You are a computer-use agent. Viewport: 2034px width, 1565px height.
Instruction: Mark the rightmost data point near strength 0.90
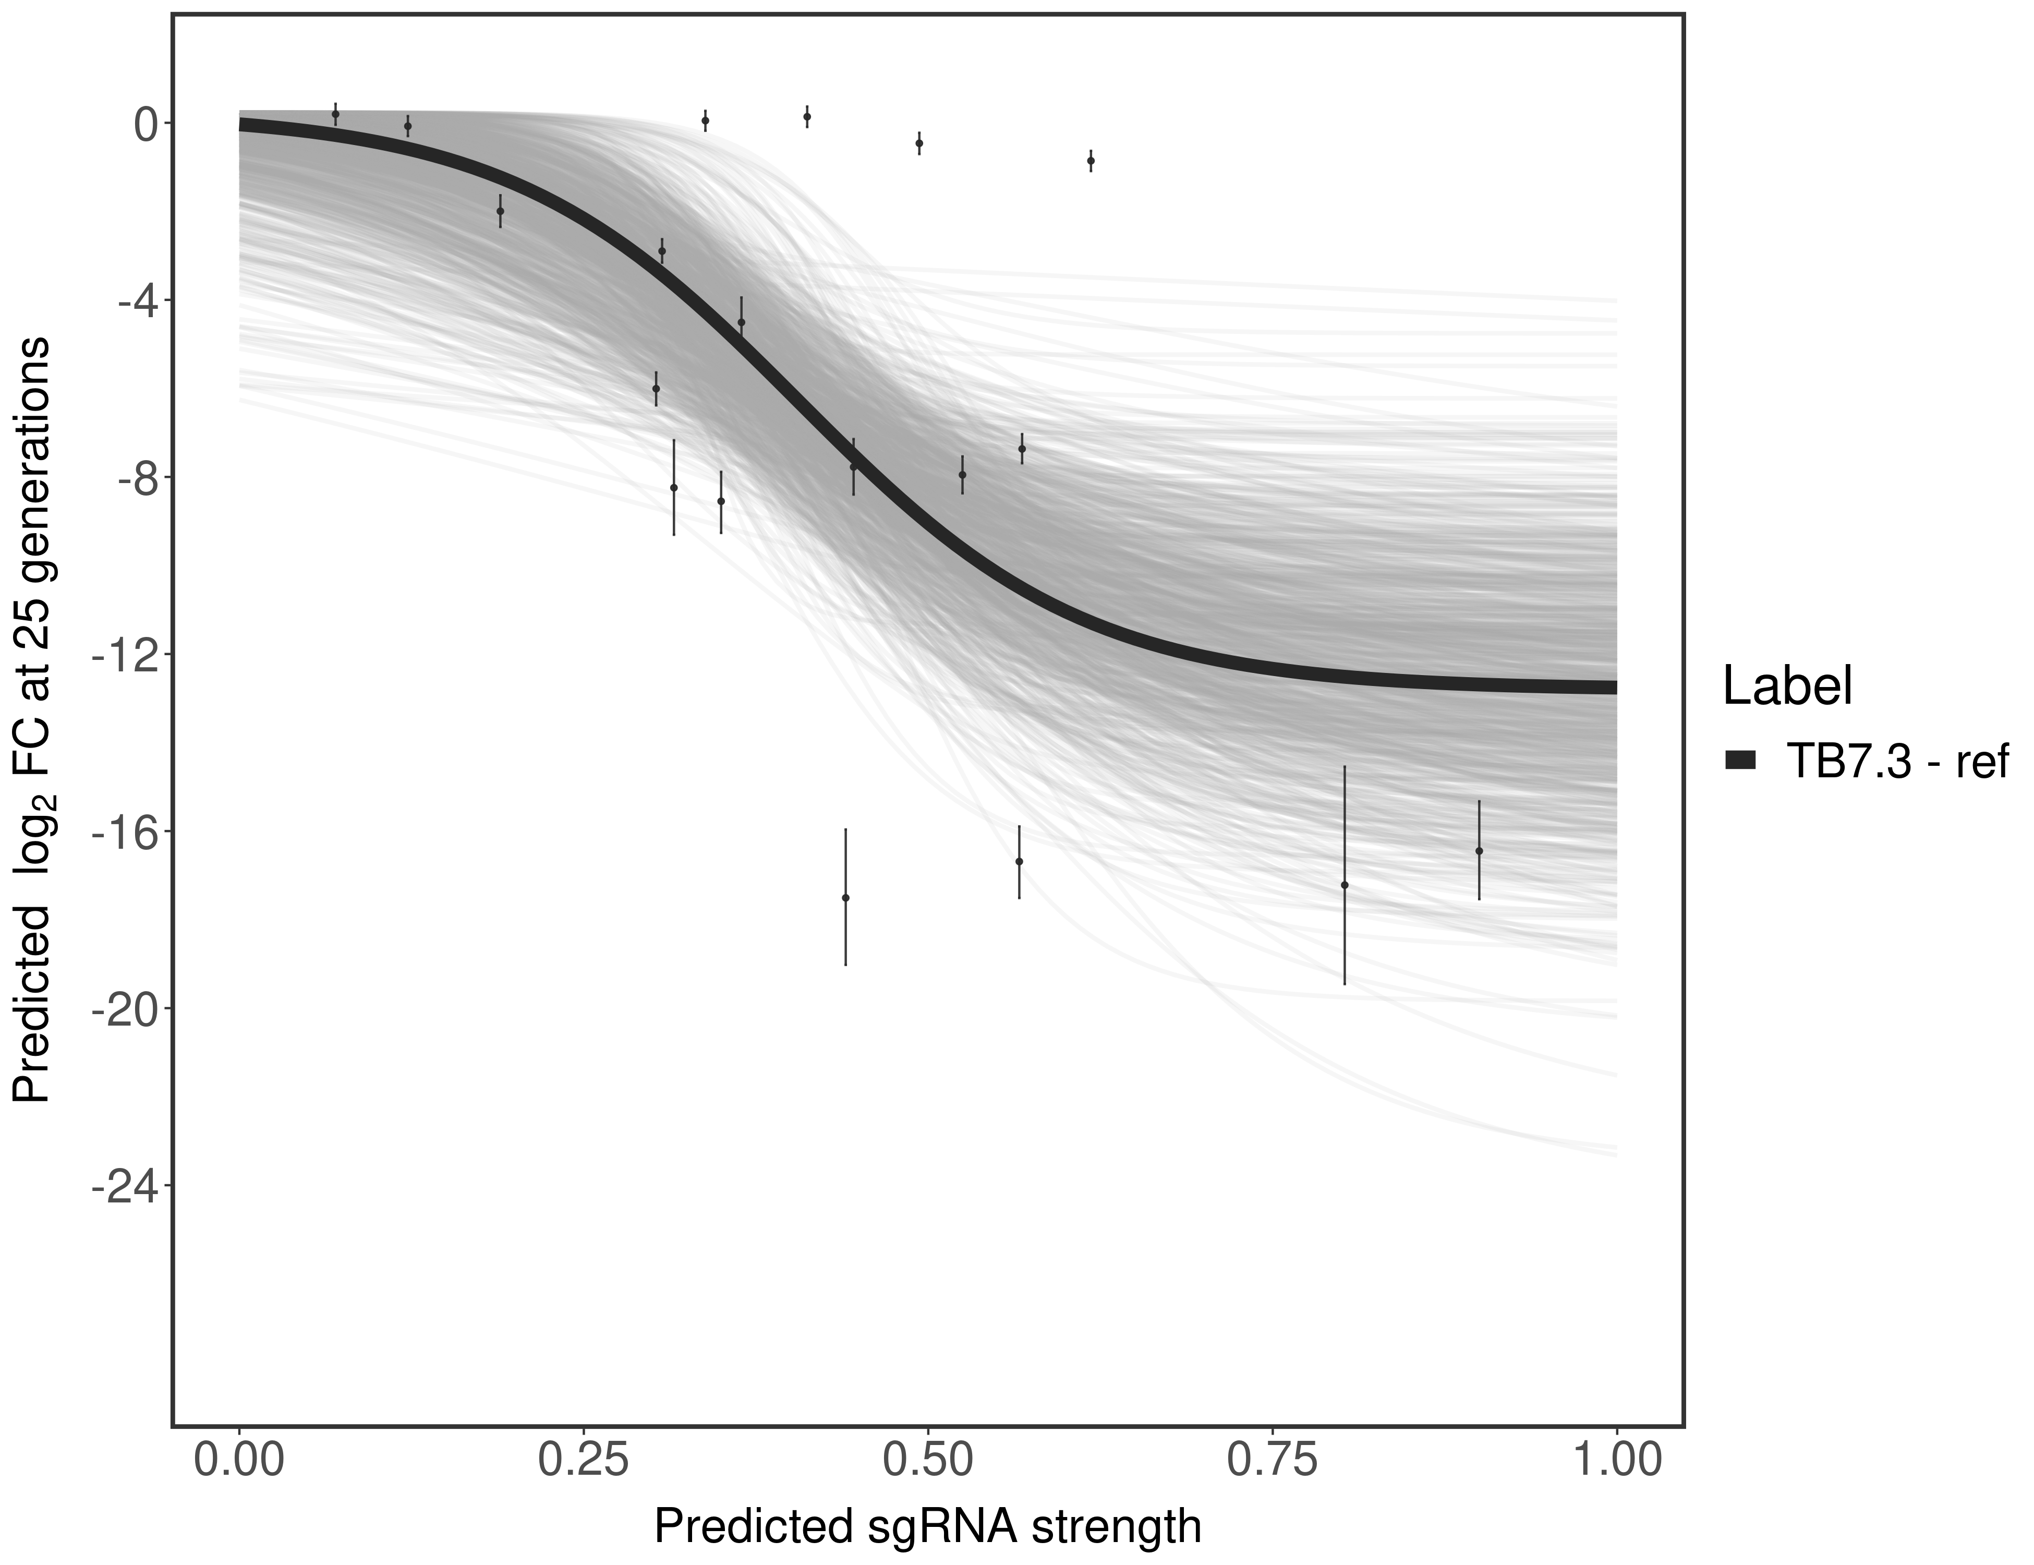(x=1479, y=850)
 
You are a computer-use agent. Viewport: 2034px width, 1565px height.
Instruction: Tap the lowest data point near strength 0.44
(x=845, y=897)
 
